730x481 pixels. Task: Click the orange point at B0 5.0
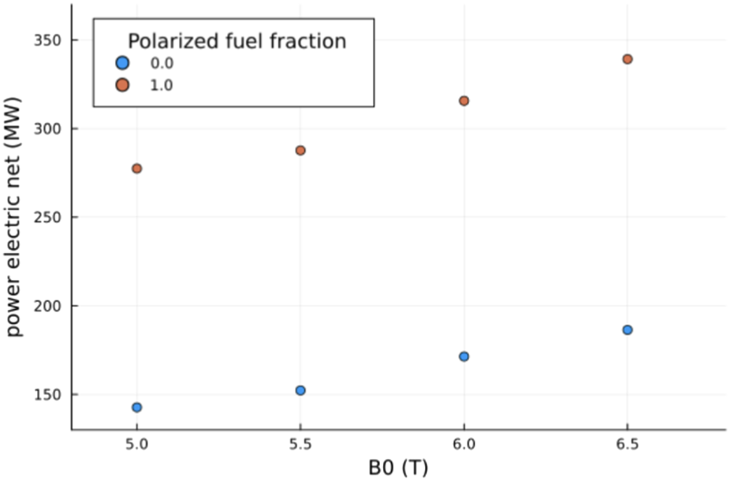pyautogui.click(x=137, y=169)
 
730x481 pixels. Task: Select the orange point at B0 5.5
pyautogui.click(x=300, y=151)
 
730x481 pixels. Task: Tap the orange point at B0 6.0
pyautogui.click(x=464, y=101)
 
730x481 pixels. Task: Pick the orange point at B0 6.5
pyautogui.click(x=628, y=59)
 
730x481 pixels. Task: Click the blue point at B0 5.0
pyautogui.click(x=137, y=408)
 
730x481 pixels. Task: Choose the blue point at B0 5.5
pyautogui.click(x=300, y=390)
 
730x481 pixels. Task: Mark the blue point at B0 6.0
pyautogui.click(x=464, y=356)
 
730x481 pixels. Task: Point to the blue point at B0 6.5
pyautogui.click(x=628, y=330)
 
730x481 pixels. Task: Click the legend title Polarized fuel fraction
pyautogui.click(x=237, y=41)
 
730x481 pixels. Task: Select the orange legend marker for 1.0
pyautogui.click(x=121, y=84)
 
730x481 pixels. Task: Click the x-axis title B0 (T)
pyautogui.click(x=398, y=468)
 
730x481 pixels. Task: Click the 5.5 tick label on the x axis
pyautogui.click(x=300, y=445)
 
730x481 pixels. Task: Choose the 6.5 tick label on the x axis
pyautogui.click(x=628, y=445)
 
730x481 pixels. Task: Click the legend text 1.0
pyautogui.click(x=160, y=84)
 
